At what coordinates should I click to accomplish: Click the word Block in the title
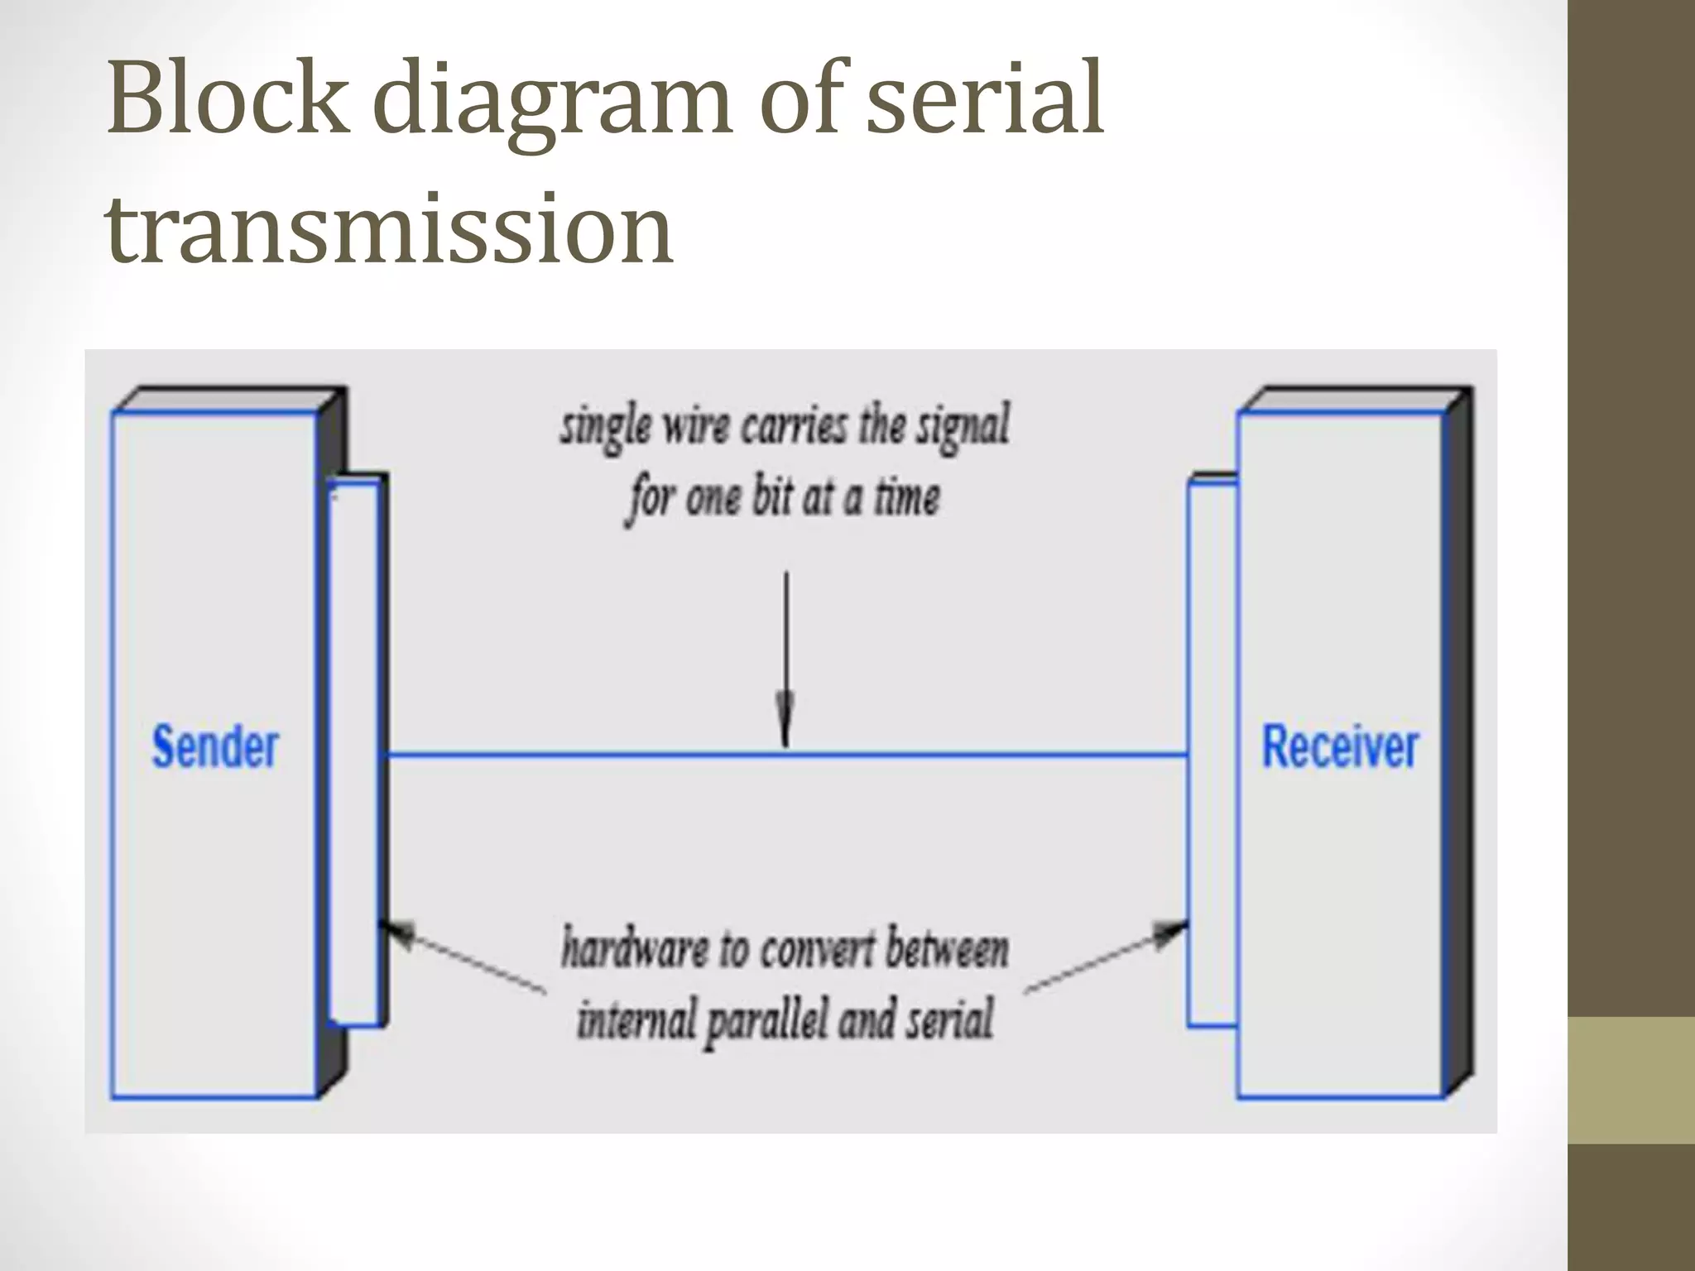coord(228,99)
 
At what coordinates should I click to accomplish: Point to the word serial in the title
coord(985,99)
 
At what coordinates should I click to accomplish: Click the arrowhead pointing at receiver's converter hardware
coord(1173,933)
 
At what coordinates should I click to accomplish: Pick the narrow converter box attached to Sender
coord(353,753)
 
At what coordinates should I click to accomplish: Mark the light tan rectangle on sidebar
coord(1631,1080)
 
